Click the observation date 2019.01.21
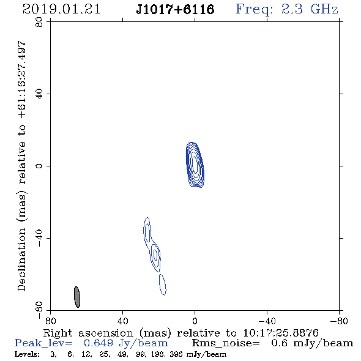[61, 9]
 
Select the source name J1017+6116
[175, 9]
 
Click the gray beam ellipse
[77, 297]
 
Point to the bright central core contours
[195, 165]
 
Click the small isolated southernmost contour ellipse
[163, 285]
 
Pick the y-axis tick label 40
[39, 94]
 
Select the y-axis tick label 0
[39, 166]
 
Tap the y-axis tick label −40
[39, 238]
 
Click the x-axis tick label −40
[267, 321]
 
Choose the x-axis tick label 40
[123, 321]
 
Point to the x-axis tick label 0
[195, 321]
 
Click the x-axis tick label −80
[339, 321]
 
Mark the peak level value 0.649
[99, 343]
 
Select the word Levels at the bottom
[25, 354]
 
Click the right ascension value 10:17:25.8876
[281, 333]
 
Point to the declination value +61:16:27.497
[22, 80]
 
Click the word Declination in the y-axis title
[22, 260]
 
